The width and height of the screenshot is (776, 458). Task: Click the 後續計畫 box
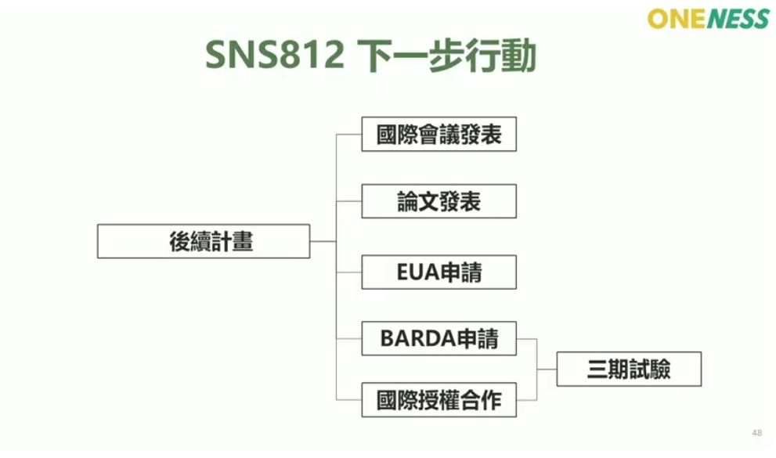[204, 241]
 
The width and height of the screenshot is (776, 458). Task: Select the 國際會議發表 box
[439, 135]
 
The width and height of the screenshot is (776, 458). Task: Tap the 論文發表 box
[439, 201]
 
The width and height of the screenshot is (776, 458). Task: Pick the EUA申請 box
[439, 272]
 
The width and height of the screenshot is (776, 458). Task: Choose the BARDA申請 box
[439, 338]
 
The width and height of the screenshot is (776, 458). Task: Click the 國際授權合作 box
[439, 400]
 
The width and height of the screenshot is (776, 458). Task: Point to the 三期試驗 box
[629, 369]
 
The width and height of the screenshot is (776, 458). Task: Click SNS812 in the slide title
[274, 56]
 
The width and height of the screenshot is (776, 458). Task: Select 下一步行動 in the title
[446, 56]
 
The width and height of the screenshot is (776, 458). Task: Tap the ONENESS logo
[708, 18]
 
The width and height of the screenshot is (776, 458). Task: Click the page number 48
[756, 433]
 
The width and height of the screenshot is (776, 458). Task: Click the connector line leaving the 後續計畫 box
[323, 241]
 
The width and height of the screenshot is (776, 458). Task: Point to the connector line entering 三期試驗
[547, 369]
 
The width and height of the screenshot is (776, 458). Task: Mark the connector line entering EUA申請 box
[348, 272]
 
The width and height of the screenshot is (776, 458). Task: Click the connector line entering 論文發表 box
[348, 201]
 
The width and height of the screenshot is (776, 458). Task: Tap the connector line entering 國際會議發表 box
[348, 135]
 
